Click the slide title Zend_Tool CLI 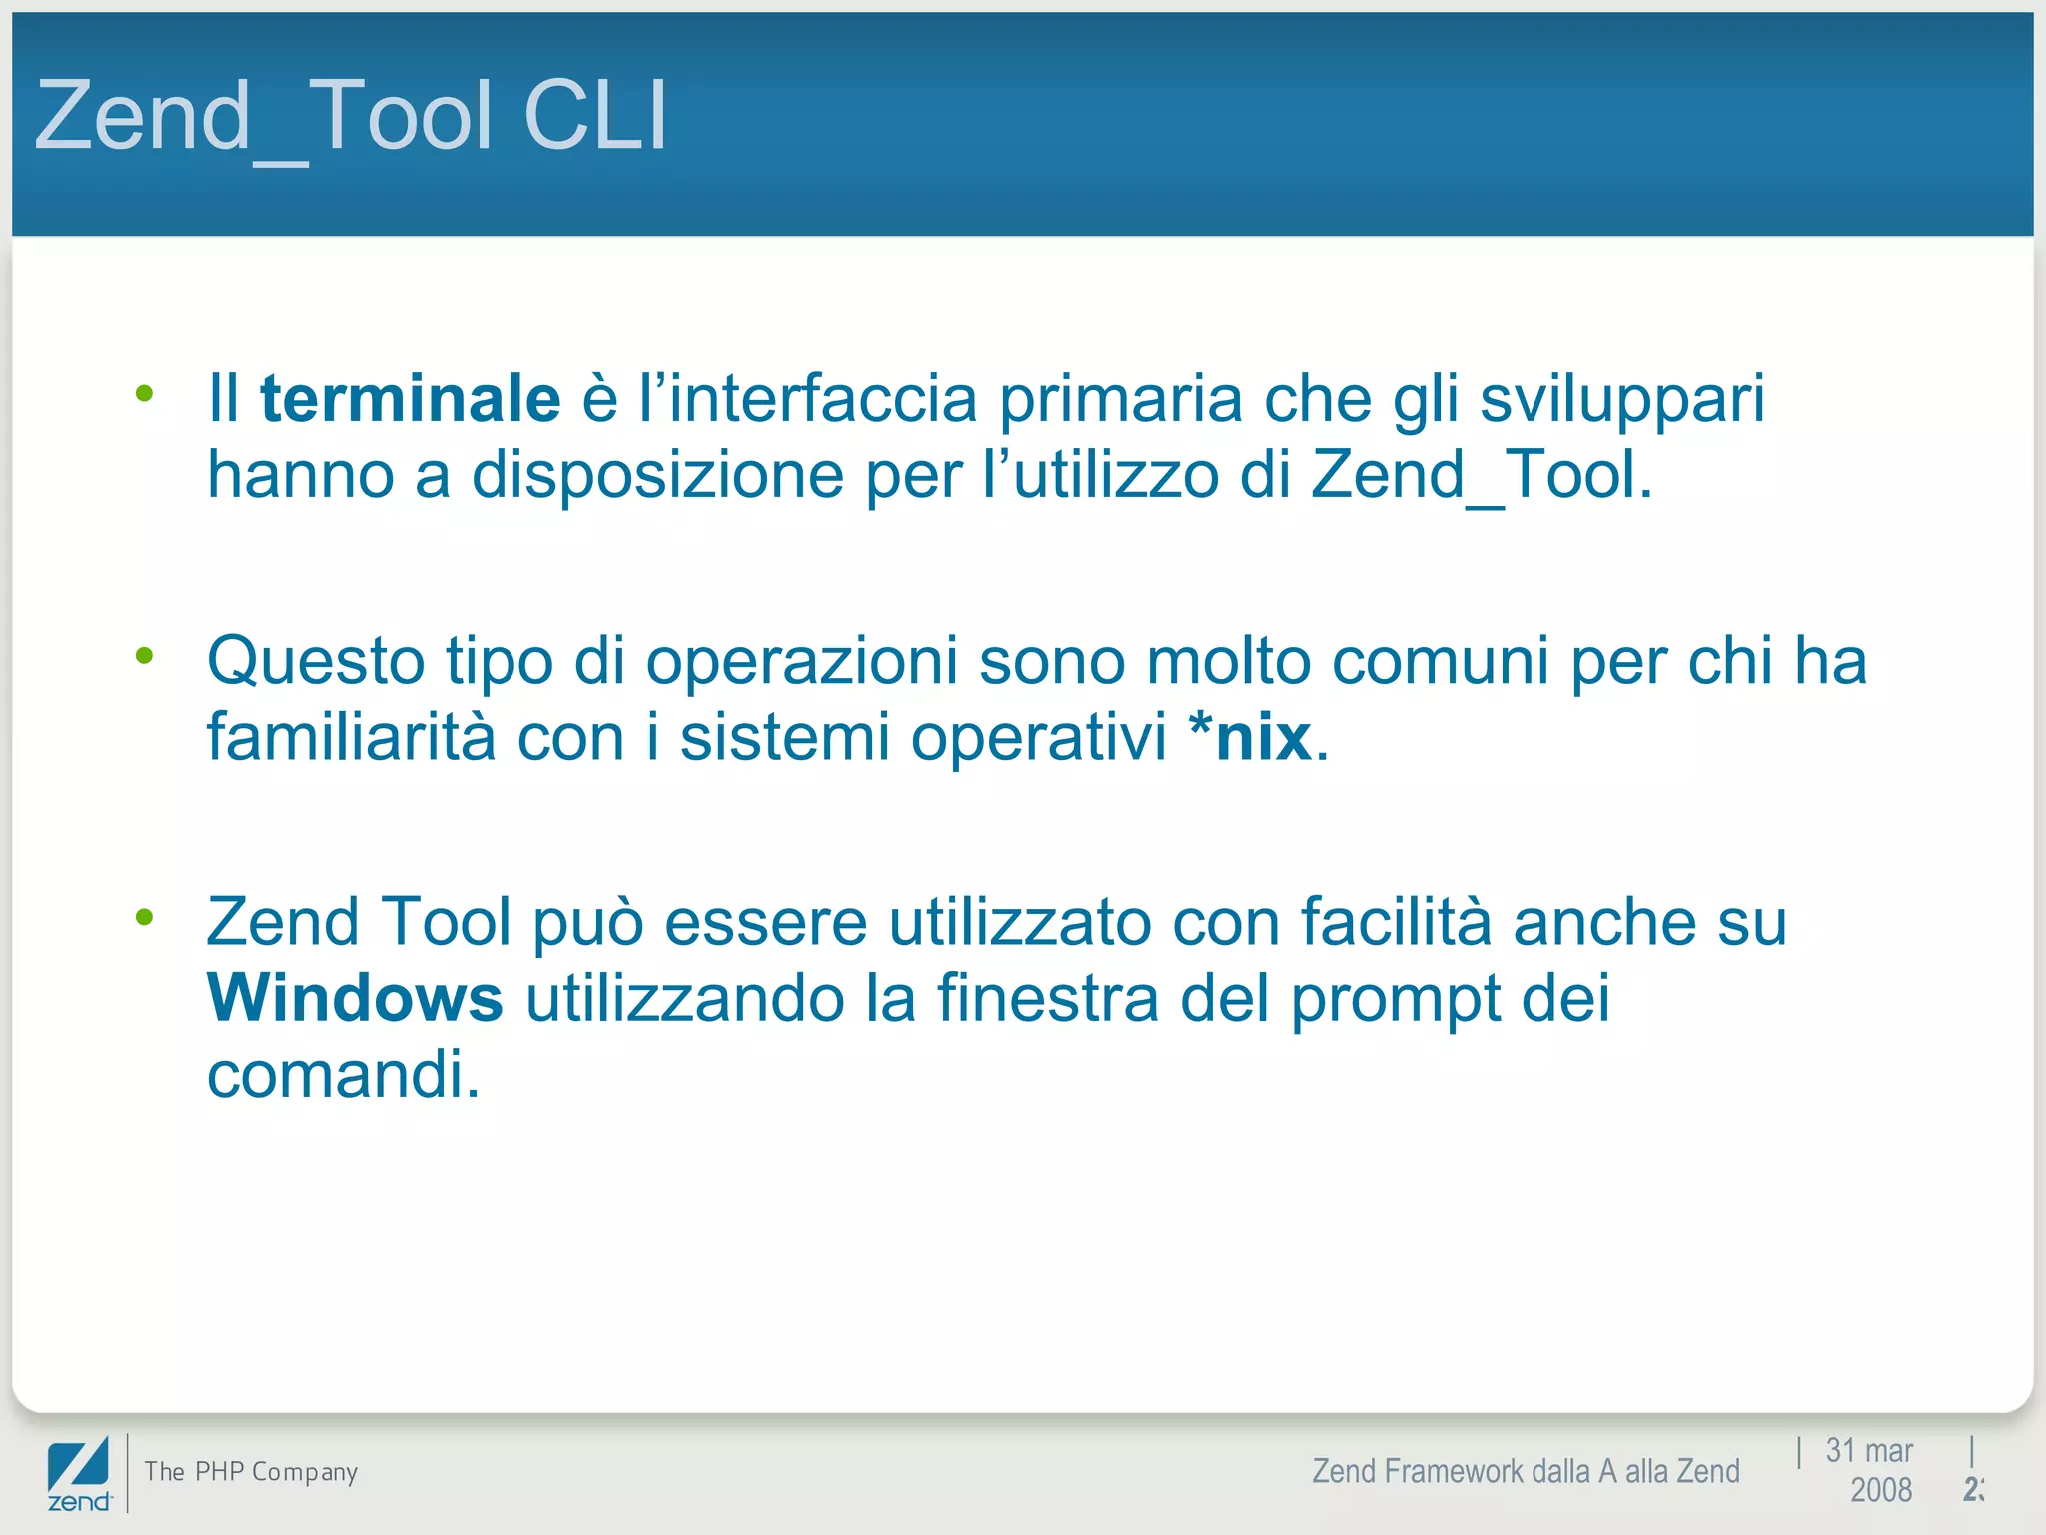click(x=351, y=117)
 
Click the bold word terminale click(x=410, y=399)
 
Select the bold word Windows click(x=355, y=998)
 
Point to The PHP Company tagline click(x=251, y=1472)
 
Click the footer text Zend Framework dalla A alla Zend click(x=1526, y=1471)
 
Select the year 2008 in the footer click(x=1880, y=1490)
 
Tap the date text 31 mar click(x=1868, y=1450)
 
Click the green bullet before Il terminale click(x=145, y=393)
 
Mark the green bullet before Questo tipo click(x=145, y=656)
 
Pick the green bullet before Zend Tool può click(x=145, y=916)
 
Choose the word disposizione click(x=657, y=475)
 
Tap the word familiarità click(x=351, y=738)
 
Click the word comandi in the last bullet click(x=343, y=1075)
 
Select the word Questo click(x=316, y=663)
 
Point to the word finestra click(x=1047, y=998)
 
